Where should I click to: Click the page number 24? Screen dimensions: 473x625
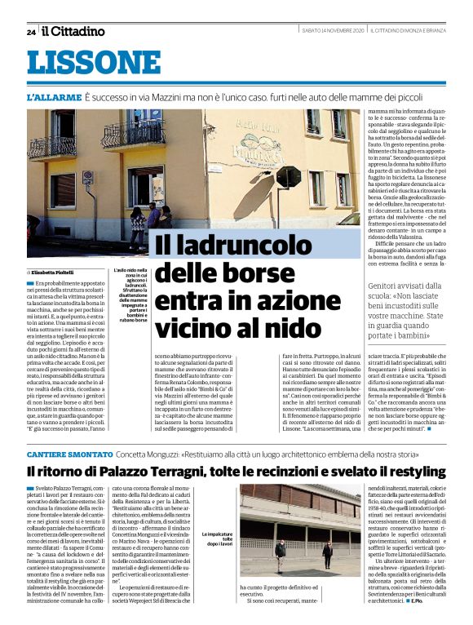[31, 32]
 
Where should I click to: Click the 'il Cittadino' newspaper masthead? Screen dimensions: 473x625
[73, 31]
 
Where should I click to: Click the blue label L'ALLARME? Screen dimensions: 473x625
[52, 97]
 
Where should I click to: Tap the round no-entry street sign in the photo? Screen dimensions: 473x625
[87, 176]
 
